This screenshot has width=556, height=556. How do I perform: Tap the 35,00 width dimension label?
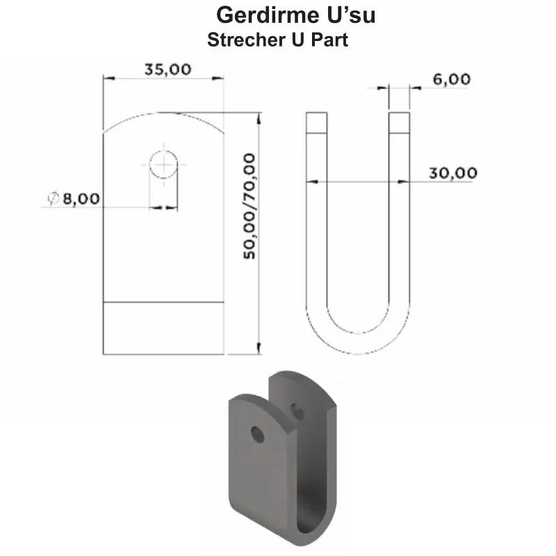167,69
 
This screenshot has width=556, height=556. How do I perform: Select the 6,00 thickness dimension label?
451,79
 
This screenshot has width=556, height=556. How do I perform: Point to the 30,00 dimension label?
452,173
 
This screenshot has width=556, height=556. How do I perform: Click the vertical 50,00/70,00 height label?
249,207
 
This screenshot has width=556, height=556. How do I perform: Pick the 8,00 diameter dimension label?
81,199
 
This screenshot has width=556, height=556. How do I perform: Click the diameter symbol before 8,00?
53,199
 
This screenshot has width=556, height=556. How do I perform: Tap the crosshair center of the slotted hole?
164,165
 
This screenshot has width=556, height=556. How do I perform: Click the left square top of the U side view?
316,123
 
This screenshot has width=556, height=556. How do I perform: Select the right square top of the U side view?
399,123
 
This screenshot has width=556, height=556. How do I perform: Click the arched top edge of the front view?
164,117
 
